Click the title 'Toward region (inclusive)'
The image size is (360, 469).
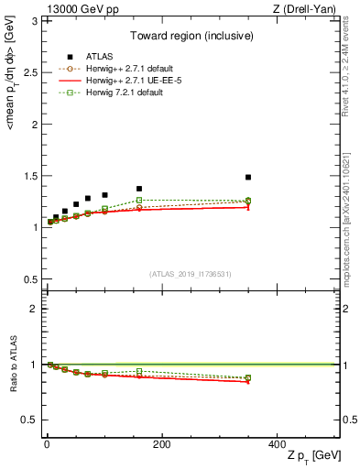(191, 37)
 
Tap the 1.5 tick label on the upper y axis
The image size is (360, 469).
(32, 176)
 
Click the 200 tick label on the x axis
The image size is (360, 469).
(161, 443)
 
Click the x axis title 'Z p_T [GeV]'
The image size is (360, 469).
(311, 457)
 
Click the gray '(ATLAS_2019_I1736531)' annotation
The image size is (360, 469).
(191, 274)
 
